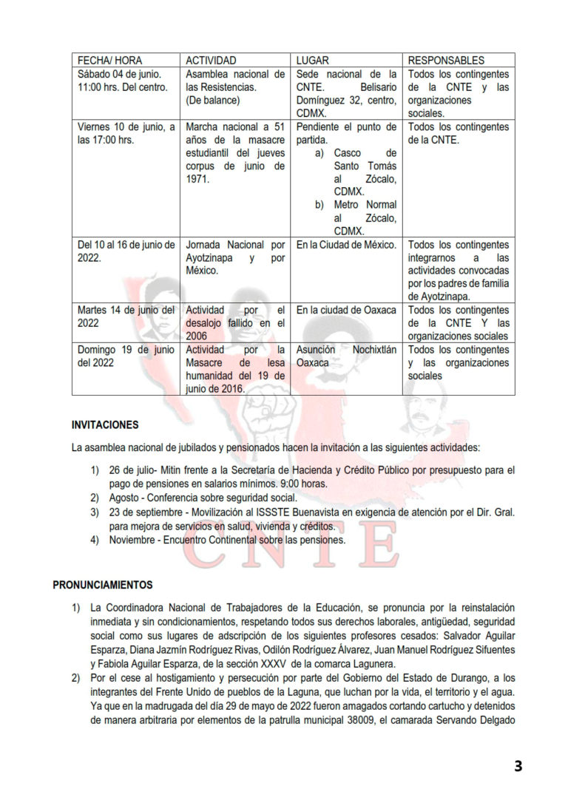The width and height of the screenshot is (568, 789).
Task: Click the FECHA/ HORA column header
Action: [x=109, y=60]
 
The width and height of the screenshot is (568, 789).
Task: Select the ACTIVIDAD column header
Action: [x=211, y=60]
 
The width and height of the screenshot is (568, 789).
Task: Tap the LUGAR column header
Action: [x=312, y=60]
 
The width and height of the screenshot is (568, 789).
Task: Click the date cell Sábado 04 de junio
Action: [x=118, y=75]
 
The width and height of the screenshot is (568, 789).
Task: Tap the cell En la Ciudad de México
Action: [x=346, y=245]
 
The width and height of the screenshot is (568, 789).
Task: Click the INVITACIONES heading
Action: [x=104, y=425]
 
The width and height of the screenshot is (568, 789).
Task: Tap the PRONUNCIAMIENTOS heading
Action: [x=102, y=585]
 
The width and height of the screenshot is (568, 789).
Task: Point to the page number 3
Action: [x=518, y=766]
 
